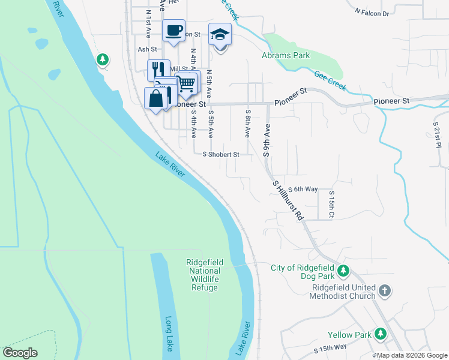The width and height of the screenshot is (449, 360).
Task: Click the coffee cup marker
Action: click(x=173, y=30)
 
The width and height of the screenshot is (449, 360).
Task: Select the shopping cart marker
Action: click(x=186, y=83)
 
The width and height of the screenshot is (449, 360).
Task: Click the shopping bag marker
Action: click(x=155, y=98)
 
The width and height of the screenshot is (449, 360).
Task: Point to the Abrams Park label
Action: click(x=285, y=55)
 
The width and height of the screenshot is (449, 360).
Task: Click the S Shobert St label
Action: click(x=221, y=154)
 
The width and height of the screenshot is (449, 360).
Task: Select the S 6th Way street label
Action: click(x=303, y=189)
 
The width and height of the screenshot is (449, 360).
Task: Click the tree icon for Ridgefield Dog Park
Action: click(x=343, y=271)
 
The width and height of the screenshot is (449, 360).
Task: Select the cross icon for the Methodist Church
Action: click(x=385, y=292)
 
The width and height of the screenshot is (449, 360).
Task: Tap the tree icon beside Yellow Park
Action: click(x=380, y=334)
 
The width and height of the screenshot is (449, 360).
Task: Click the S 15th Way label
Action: click(x=330, y=347)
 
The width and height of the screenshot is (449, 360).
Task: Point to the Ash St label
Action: click(x=147, y=50)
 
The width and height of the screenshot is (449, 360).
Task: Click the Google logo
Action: click(x=20, y=353)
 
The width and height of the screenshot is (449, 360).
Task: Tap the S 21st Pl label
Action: click(x=437, y=136)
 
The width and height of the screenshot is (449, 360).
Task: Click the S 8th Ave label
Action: click(x=247, y=123)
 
